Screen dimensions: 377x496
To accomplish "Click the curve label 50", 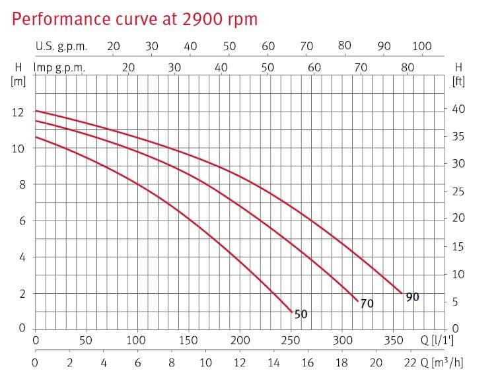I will click(x=301, y=314).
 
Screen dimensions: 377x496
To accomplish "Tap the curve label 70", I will click(x=367, y=304).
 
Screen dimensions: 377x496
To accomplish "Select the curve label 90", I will click(x=412, y=297).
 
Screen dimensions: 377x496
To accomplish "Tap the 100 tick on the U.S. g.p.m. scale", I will click(x=421, y=46).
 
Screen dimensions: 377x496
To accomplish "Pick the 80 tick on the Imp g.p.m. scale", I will click(x=407, y=67).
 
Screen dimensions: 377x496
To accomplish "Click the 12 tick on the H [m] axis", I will click(x=18, y=112).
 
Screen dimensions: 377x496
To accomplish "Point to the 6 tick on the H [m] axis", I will click(x=21, y=221).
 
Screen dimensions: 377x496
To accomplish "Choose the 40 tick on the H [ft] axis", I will click(x=458, y=109).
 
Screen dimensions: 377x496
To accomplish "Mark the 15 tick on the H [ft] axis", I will click(x=458, y=247).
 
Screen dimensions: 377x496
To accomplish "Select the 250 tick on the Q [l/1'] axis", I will click(x=291, y=341).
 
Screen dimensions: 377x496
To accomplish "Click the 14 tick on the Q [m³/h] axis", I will click(x=273, y=362).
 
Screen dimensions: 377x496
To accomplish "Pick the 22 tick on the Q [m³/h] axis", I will click(x=409, y=362).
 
